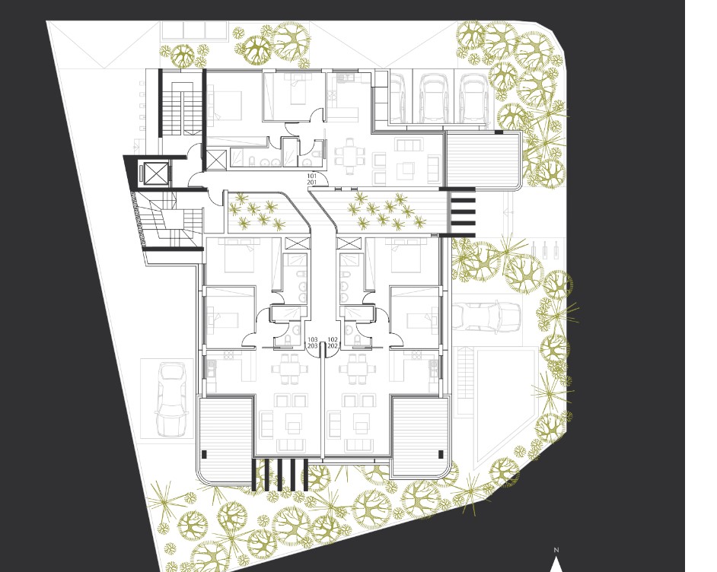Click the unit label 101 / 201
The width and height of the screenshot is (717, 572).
312,179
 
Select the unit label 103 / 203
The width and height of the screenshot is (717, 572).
313,342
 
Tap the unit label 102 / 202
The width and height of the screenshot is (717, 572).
333,342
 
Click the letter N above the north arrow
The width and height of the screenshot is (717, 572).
556,550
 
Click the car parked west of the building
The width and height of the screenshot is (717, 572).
171,399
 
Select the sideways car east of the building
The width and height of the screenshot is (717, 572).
486,315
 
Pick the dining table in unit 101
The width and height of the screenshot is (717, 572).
350,155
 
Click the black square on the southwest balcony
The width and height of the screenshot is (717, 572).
205,454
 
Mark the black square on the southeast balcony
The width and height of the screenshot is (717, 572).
441,454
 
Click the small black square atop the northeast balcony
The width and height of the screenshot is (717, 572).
499,132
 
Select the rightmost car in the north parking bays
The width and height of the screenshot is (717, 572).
473,98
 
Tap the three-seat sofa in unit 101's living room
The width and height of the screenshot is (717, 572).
409,145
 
